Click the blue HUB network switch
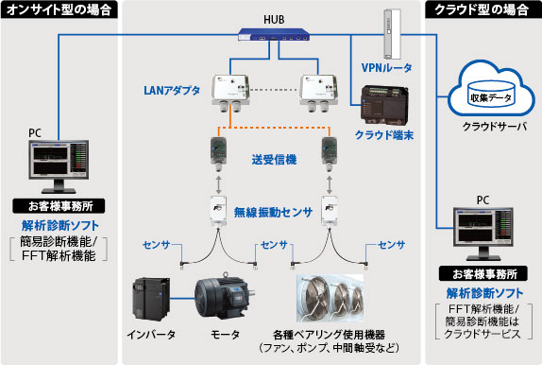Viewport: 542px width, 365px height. tap(274, 35)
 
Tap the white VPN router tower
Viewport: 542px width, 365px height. tap(392, 34)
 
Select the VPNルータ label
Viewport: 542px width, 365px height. tap(386, 67)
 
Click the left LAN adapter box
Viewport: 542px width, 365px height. tap(230, 94)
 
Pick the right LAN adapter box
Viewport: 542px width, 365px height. tap(318, 94)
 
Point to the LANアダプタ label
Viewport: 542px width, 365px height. tap(172, 91)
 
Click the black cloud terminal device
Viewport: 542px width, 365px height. tap(384, 105)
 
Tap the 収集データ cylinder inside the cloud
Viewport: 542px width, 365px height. tap(490, 95)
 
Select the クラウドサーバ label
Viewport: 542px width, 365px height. tap(494, 127)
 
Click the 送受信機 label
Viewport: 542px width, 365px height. tap(274, 160)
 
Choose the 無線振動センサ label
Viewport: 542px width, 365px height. tap(273, 212)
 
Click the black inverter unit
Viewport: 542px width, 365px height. tap(151, 299)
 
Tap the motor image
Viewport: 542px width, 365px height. tap(225, 295)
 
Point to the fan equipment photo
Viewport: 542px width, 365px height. tap(330, 298)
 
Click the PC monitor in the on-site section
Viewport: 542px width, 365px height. tap(59, 166)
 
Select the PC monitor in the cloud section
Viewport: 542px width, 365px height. tap(483, 234)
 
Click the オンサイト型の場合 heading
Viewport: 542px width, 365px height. tap(59, 9)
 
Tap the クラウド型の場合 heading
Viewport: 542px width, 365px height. tap(482, 9)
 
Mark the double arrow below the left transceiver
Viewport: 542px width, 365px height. tap(218, 185)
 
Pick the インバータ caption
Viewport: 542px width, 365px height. tap(151, 335)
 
